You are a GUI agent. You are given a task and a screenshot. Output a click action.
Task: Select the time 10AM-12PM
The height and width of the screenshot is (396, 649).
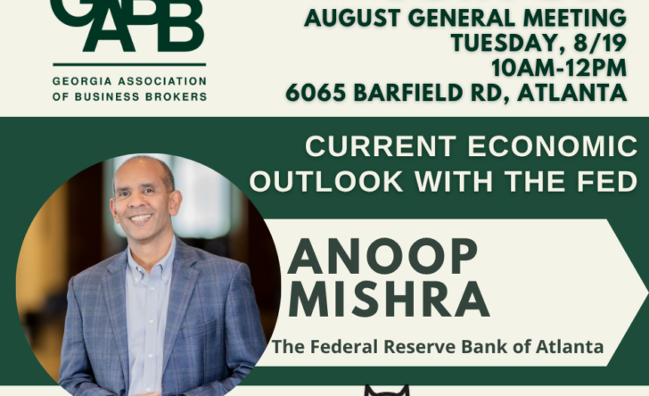pyautogui.click(x=559, y=68)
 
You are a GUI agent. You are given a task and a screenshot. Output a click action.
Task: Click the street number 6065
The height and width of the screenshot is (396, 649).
pyautogui.click(x=316, y=93)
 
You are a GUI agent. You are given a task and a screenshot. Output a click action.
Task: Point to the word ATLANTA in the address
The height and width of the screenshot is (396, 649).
pyautogui.click(x=572, y=93)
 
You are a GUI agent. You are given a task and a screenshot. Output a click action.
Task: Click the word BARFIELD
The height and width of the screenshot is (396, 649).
pyautogui.click(x=409, y=93)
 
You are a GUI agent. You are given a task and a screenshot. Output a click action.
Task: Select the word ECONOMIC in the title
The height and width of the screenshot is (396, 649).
pyautogui.click(x=553, y=146)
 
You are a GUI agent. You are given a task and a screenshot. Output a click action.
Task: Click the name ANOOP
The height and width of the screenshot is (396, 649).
pyautogui.click(x=382, y=257)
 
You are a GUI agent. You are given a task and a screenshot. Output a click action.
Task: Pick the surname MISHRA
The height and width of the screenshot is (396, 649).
pyautogui.click(x=389, y=300)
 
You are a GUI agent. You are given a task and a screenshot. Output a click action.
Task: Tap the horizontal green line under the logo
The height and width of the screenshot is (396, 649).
pyautogui.click(x=129, y=64)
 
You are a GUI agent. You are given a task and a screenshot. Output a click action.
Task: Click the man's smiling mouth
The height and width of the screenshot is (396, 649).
pyautogui.click(x=141, y=218)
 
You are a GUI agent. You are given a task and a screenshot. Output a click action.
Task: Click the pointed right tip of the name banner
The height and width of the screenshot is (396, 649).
pyautogui.click(x=648, y=293)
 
